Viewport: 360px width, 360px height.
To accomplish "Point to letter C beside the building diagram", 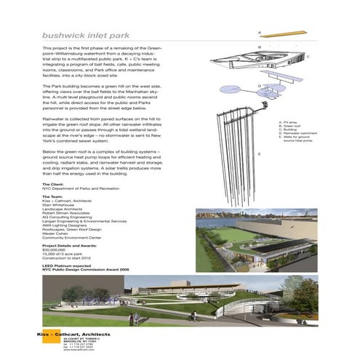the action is (308, 56).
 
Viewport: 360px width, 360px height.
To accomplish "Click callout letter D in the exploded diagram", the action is (260, 86).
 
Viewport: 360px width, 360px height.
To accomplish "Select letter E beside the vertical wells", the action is (260, 155).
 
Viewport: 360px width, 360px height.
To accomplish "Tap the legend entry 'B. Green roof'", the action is (291, 127).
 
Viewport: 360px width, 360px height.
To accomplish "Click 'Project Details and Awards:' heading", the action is (70, 246).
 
